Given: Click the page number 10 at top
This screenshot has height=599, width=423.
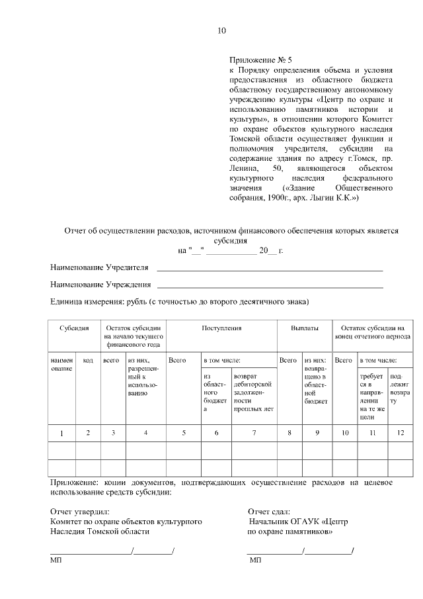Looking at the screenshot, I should click(221, 30).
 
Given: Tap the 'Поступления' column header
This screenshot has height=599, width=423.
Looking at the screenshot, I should click(221, 328).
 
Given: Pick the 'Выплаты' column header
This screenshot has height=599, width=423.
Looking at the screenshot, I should click(304, 328).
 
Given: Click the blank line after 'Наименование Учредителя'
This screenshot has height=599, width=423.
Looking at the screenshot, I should click(269, 270).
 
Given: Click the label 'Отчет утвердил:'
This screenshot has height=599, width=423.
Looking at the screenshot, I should click(80, 511).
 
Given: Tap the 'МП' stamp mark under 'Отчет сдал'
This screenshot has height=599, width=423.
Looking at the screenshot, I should click(255, 561).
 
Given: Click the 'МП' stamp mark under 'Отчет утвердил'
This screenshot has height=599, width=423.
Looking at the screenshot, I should click(56, 561).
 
